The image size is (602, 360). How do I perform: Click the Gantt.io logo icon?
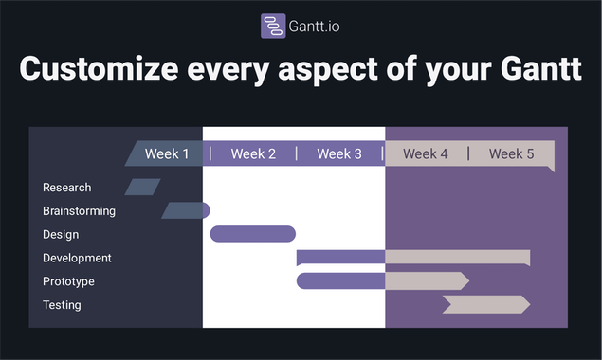(273, 26)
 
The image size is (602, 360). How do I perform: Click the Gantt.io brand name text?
(315, 27)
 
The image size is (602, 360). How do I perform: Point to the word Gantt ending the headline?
(535, 70)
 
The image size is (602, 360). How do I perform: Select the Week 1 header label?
(167, 153)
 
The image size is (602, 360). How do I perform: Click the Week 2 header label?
(253, 153)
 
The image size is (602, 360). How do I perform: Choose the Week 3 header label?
(339, 153)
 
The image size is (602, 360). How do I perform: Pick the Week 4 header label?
(426, 153)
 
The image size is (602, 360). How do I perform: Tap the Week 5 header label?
(511, 153)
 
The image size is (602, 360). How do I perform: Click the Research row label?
(67, 188)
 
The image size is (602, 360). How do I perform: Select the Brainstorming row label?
(79, 211)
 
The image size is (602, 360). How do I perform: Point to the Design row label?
(61, 235)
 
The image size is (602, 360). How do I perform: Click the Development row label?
(77, 258)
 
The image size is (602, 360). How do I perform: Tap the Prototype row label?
(68, 281)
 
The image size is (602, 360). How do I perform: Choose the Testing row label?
(62, 305)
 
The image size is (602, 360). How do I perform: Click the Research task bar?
(142, 187)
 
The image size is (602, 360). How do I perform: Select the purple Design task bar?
(252, 234)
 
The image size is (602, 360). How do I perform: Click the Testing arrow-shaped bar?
(485, 304)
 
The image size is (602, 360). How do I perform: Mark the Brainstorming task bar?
(185, 210)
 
